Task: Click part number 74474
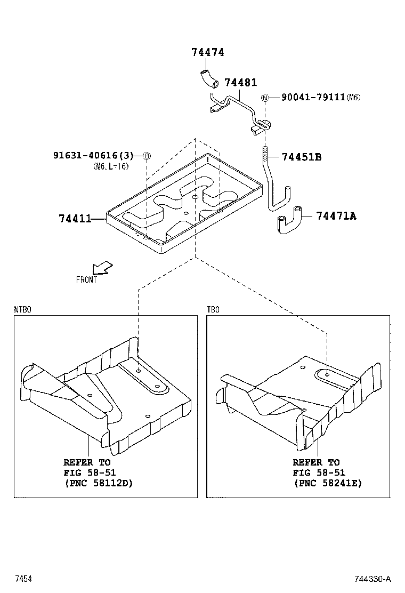208,52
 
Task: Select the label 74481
240,83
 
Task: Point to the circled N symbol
265,98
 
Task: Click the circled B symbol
147,156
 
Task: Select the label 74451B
301,157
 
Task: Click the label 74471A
336,215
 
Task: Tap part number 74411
75,218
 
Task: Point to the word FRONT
86,280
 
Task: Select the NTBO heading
22,309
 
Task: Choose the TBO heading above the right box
213,309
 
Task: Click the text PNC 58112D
98,483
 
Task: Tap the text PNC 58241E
327,483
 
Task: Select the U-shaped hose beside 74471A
288,220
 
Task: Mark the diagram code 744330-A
374,579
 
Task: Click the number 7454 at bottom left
23,579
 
